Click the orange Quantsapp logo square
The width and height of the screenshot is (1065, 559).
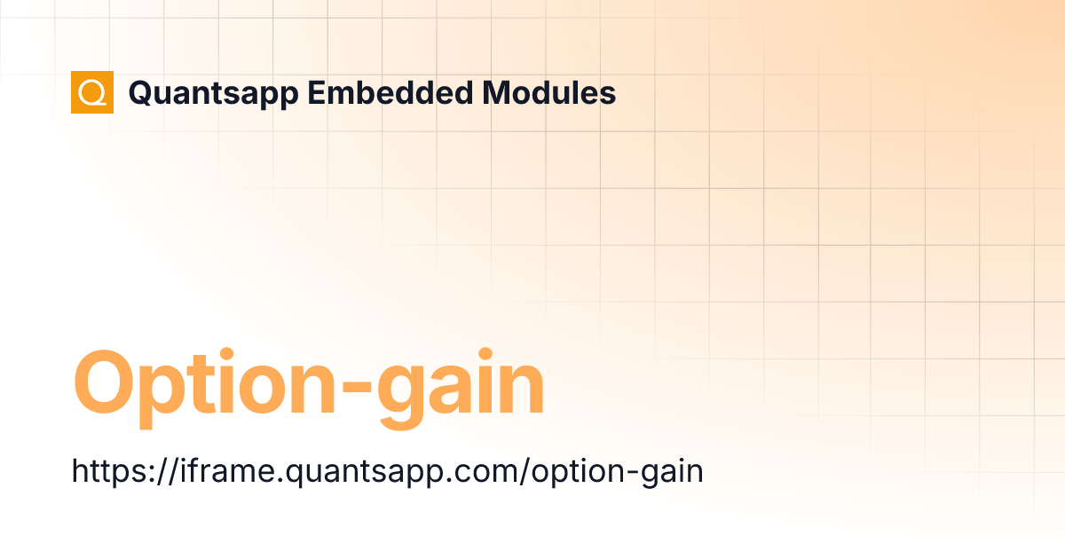pyautogui.click(x=92, y=92)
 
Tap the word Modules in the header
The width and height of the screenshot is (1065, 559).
pyautogui.click(x=549, y=93)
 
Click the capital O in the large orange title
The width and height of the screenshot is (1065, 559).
pyautogui.click(x=106, y=384)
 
